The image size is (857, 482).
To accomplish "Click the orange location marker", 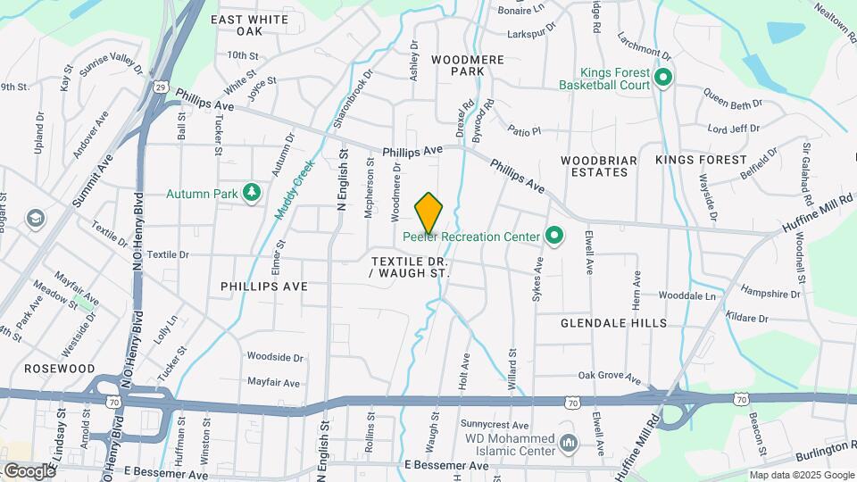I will pyautogui.click(x=429, y=212).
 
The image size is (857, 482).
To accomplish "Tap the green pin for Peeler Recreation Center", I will pyautogui.click(x=554, y=237).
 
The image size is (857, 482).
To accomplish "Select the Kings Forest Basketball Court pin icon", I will pyautogui.click(x=662, y=79).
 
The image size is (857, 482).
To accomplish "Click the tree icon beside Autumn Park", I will pyautogui.click(x=253, y=192).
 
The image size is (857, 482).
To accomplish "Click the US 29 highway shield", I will pyautogui.click(x=160, y=87).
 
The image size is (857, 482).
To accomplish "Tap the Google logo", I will pyautogui.click(x=29, y=470).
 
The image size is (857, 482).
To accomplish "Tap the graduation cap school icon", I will pyautogui.click(x=35, y=218).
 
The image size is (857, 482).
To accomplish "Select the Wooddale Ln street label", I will pyautogui.click(x=687, y=295).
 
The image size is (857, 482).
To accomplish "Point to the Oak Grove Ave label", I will pyautogui.click(x=610, y=377).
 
